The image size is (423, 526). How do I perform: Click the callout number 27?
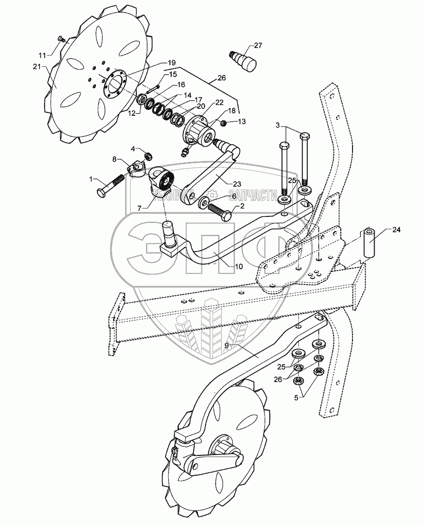[258, 45]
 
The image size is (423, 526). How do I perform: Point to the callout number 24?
[397, 230]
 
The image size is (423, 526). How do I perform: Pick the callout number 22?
[219, 103]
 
